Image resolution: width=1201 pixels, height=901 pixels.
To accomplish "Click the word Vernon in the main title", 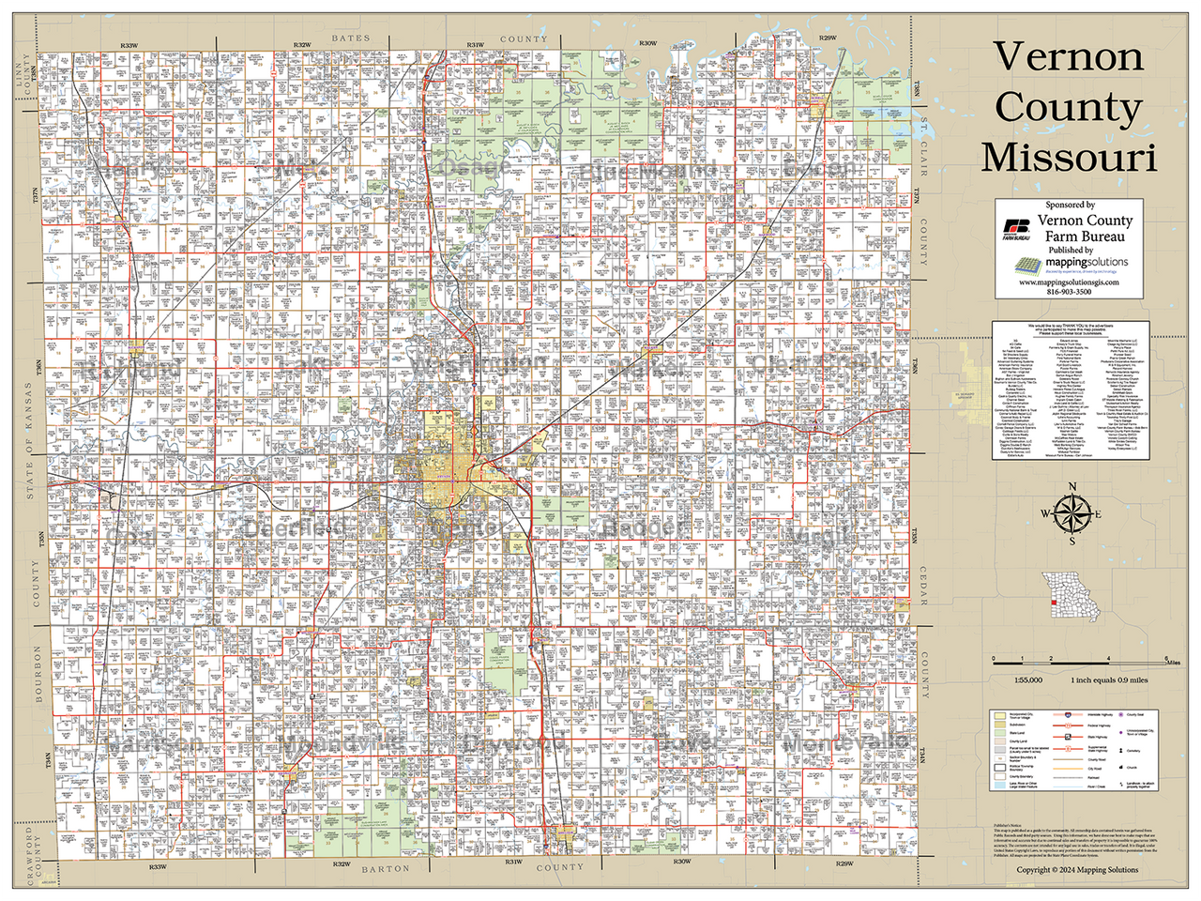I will [1068, 56].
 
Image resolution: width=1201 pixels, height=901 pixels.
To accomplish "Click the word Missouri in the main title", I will [1068, 156].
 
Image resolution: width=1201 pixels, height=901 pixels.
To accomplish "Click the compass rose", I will [1072, 513].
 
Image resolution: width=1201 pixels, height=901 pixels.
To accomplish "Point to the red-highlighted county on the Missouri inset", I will [1054, 603].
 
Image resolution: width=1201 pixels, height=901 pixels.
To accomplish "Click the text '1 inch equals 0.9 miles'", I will [1109, 680].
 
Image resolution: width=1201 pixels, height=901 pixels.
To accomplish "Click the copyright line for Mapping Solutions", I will [1077, 869].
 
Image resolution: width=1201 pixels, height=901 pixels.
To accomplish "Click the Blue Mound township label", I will [647, 171].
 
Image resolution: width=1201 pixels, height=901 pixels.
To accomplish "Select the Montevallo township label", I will [844, 742].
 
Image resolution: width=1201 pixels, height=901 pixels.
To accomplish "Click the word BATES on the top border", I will [351, 38].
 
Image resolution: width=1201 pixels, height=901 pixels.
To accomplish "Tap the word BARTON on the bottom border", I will [385, 869].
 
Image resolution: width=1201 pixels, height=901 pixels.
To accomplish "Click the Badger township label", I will [640, 528].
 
